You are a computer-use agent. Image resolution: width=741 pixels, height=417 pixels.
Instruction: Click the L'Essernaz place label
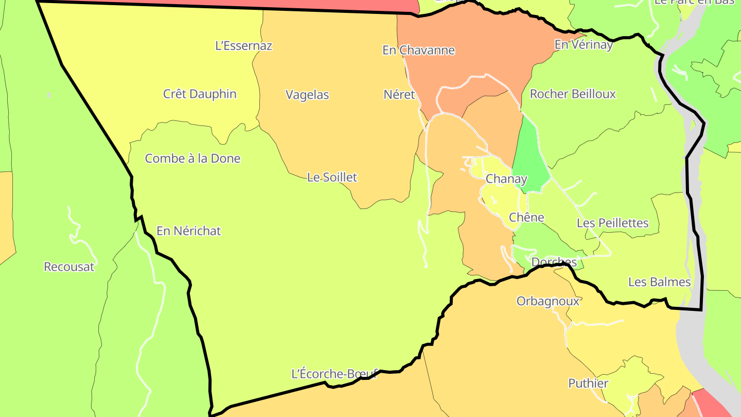[243, 46]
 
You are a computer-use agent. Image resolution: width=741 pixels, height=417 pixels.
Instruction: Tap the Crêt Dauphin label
[200, 94]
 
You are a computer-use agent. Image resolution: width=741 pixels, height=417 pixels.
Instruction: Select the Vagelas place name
[307, 95]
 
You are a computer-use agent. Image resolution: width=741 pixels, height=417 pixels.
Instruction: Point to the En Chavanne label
[418, 50]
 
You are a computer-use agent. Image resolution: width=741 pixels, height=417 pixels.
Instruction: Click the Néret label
[399, 95]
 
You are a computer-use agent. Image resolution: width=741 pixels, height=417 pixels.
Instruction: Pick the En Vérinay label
[584, 45]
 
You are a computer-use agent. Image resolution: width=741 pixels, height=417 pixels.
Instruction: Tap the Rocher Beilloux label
[573, 94]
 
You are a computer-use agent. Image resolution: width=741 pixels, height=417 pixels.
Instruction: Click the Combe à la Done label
[192, 159]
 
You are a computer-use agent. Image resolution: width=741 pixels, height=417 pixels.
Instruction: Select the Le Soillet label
[332, 178]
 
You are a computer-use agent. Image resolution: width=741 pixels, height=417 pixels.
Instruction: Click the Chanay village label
[506, 179]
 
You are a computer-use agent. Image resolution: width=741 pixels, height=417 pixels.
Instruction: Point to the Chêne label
[526, 218]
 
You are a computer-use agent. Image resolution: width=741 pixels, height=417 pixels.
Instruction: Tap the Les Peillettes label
[612, 223]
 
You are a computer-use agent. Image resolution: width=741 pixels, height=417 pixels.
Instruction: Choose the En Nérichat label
[188, 232]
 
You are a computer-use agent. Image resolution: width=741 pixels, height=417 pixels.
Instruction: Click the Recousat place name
[69, 267]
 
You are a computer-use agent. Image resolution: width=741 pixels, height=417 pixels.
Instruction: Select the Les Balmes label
[659, 283]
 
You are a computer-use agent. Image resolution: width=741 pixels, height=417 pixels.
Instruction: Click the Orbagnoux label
[548, 302]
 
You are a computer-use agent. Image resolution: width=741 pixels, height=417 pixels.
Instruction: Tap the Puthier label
[588, 384]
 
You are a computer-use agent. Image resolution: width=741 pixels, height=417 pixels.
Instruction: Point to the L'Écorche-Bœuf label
[334, 374]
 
